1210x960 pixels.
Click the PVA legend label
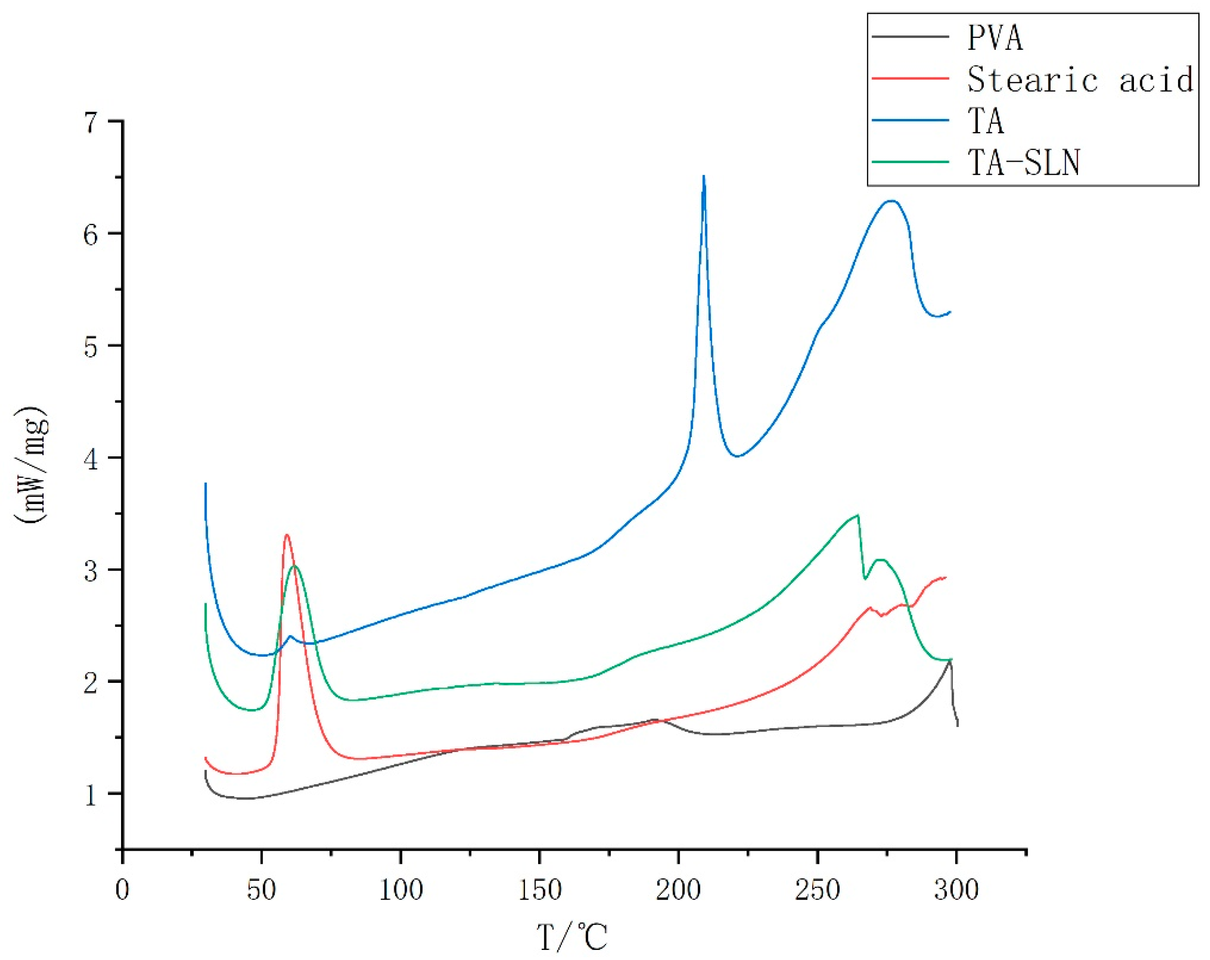click(994, 38)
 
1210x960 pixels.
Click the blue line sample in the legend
click(910, 121)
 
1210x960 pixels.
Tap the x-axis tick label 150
click(539, 890)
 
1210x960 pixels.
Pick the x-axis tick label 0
click(122, 890)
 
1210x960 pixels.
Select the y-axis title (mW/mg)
click(32, 466)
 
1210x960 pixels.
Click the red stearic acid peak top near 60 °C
click(287, 535)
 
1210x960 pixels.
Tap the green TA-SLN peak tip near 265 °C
click(858, 515)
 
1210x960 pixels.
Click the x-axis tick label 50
click(261, 890)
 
